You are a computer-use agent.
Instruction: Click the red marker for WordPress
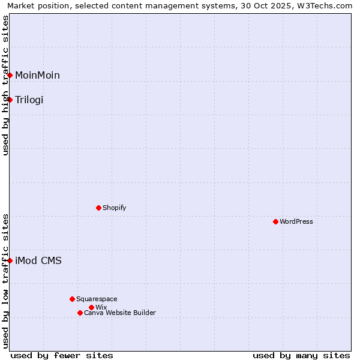(x=275, y=221)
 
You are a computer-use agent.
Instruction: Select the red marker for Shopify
(x=98, y=208)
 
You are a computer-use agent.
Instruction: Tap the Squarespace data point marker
(x=72, y=299)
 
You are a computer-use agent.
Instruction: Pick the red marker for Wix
(x=91, y=307)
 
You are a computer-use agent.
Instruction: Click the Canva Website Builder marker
(x=80, y=313)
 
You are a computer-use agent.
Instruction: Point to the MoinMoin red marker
(x=10, y=75)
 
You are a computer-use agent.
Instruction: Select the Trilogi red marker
(x=10, y=100)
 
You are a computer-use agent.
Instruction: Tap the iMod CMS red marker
(x=10, y=260)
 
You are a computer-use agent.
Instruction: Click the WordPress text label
(x=296, y=221)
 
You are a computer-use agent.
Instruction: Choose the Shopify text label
(x=114, y=208)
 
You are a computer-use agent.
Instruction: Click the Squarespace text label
(x=97, y=299)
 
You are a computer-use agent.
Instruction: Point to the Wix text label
(x=101, y=307)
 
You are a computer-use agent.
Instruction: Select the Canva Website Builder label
(x=120, y=313)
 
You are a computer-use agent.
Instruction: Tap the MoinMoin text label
(x=37, y=75)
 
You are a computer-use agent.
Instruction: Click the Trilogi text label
(x=29, y=100)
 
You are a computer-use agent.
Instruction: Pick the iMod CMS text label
(x=38, y=260)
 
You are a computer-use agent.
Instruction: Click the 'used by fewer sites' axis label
(x=62, y=355)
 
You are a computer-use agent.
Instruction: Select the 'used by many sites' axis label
(x=301, y=355)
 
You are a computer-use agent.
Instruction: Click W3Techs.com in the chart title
(x=323, y=6)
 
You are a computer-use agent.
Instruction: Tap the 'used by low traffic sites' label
(x=6, y=281)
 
